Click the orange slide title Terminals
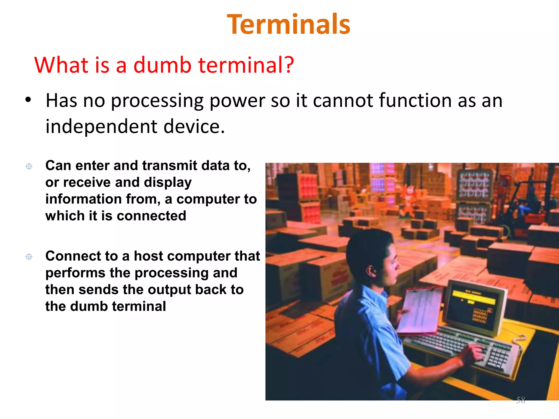pyautogui.click(x=289, y=25)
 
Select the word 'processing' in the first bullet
pyautogui.click(x=157, y=101)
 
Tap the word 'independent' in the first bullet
pyautogui.click(x=101, y=127)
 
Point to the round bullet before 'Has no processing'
pyautogui.click(x=28, y=100)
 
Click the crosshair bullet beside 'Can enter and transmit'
pyautogui.click(x=29, y=166)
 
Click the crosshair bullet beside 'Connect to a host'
pyautogui.click(x=29, y=257)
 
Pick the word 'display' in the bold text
pyautogui.click(x=168, y=182)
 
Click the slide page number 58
pyautogui.click(x=521, y=400)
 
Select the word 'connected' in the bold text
pyautogui.click(x=151, y=216)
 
